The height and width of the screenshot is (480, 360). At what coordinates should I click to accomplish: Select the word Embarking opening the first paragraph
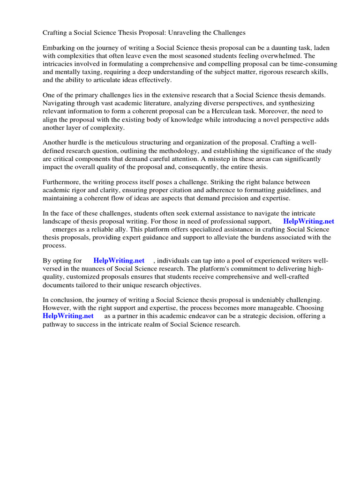pos(60,48)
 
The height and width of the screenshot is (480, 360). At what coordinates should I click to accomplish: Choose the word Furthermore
pos(63,182)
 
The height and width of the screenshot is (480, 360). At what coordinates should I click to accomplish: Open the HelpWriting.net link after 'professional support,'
pos(308,221)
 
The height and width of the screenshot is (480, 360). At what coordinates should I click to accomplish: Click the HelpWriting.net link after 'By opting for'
pos(119,260)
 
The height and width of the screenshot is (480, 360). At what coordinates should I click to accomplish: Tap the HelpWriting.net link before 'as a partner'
pos(68,316)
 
